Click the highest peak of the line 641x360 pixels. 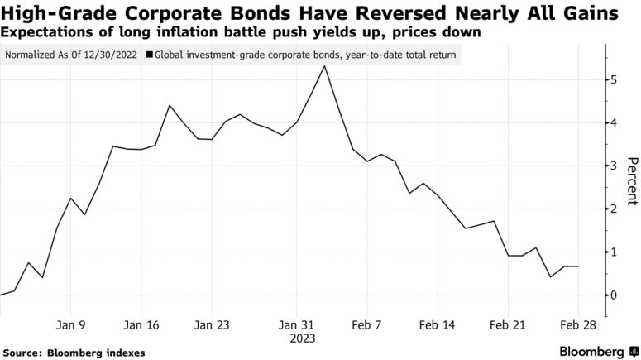pyautogui.click(x=324, y=66)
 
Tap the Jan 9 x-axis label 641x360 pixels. pyautogui.click(x=70, y=325)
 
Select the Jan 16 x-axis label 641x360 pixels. pyautogui.click(x=141, y=325)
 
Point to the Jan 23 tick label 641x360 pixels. pyautogui.click(x=212, y=325)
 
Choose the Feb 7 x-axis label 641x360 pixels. pyautogui.click(x=366, y=325)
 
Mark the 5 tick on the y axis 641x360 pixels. pyautogui.click(x=613, y=80)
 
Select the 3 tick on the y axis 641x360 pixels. pyautogui.click(x=613, y=166)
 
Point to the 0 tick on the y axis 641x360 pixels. pyautogui.click(x=613, y=295)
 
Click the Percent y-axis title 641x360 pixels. pyautogui.click(x=632, y=180)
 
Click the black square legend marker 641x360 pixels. pyautogui.click(x=149, y=55)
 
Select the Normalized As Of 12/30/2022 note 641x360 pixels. pyautogui.click(x=72, y=55)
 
